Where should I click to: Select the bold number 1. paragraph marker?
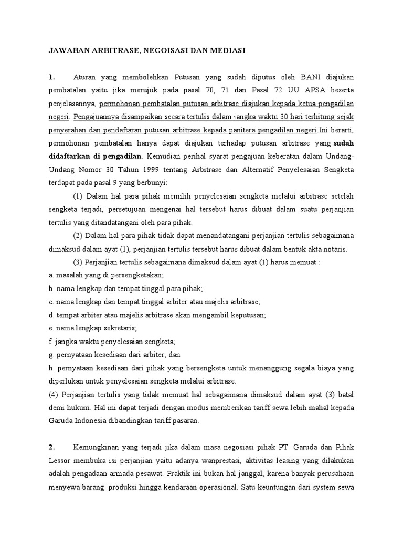(x=51, y=77)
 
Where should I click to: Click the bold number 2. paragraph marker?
(x=51, y=447)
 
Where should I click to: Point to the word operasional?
(x=214, y=487)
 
